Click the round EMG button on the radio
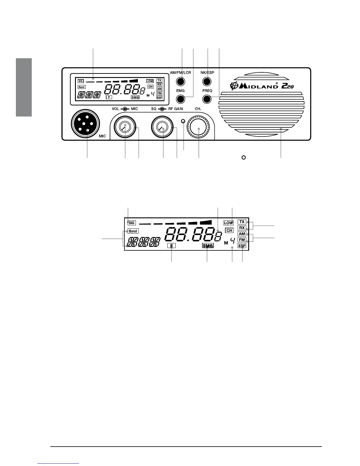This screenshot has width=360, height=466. [x=180, y=99]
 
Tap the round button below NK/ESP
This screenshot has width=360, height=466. [x=207, y=81]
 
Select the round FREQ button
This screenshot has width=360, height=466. [x=207, y=99]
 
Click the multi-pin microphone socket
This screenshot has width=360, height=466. [x=86, y=123]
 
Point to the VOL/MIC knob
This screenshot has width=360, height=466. [x=125, y=127]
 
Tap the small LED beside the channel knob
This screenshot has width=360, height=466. [x=184, y=121]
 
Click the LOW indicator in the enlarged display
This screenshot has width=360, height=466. [x=229, y=223]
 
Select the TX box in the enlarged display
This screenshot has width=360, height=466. [x=242, y=222]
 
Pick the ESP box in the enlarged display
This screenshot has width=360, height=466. [x=242, y=246]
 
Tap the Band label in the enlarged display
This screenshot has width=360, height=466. [x=133, y=231]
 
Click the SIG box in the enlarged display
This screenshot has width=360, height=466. [x=131, y=223]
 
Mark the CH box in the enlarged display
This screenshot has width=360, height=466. [x=229, y=231]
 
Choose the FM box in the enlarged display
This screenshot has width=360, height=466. [x=242, y=240]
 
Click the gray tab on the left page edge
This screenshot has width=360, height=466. [x=24, y=87]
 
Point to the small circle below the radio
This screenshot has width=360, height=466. [x=243, y=157]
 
